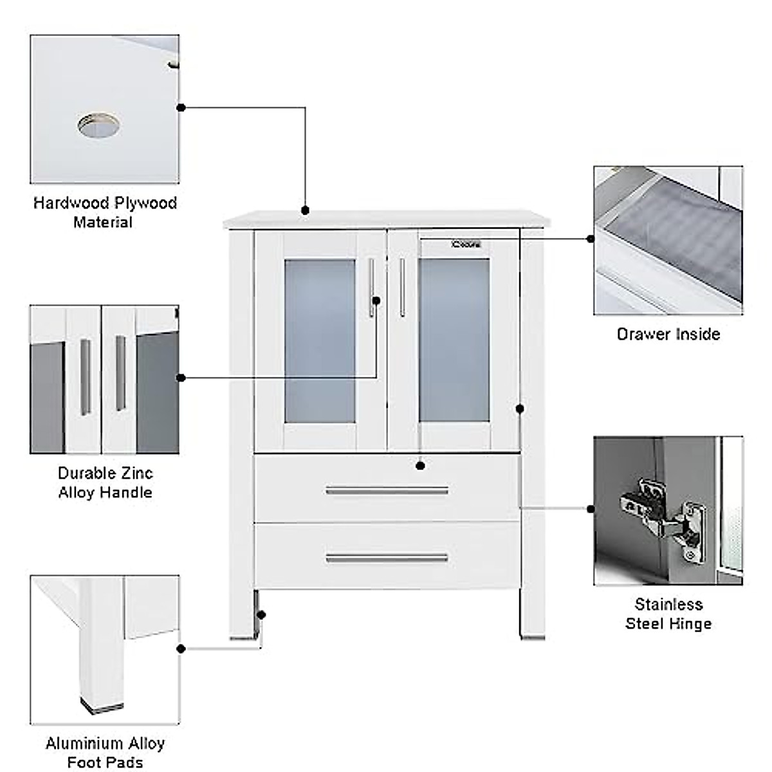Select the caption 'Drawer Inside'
click(668, 334)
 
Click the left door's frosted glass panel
click(320, 341)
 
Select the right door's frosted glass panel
click(454, 341)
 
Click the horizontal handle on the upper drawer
click(387, 492)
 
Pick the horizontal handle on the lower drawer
click(387, 558)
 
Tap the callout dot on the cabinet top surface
click(305, 210)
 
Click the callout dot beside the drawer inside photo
click(591, 239)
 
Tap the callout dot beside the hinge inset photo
click(591, 509)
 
